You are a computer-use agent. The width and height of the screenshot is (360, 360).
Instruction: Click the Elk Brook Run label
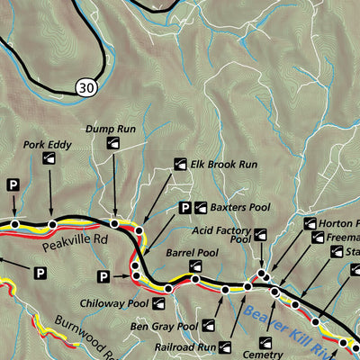pos(223,166)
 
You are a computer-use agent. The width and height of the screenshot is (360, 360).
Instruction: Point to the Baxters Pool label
pos(240,207)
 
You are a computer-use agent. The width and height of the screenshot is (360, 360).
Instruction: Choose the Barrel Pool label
pos(192,254)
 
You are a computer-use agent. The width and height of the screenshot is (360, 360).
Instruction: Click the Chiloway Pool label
pos(113,304)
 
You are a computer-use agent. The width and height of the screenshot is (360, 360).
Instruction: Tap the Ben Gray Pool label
pos(163,326)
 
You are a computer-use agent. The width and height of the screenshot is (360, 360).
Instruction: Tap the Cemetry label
pos(277,342)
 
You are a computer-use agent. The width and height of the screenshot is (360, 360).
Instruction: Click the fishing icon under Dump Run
pos(114,143)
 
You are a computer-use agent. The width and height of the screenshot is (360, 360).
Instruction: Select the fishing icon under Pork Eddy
pos(49,160)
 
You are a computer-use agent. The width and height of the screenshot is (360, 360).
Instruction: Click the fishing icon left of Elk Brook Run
pos(179,166)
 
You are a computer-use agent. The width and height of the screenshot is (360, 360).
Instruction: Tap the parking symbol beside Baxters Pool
pos(184,208)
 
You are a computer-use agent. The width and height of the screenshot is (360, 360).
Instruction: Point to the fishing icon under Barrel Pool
pos(195,266)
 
